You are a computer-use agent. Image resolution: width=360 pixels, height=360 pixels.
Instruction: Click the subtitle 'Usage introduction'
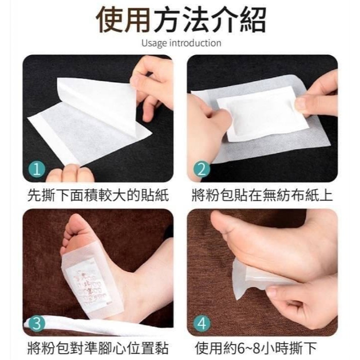pyautogui.click(x=181, y=43)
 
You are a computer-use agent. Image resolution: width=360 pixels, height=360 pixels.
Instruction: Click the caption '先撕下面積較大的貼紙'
pyautogui.click(x=97, y=196)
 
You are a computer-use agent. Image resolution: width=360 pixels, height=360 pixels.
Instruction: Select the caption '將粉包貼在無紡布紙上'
pyautogui.click(x=262, y=196)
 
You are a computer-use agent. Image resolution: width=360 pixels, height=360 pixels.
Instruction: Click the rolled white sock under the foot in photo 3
pyautogui.click(x=64, y=325)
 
